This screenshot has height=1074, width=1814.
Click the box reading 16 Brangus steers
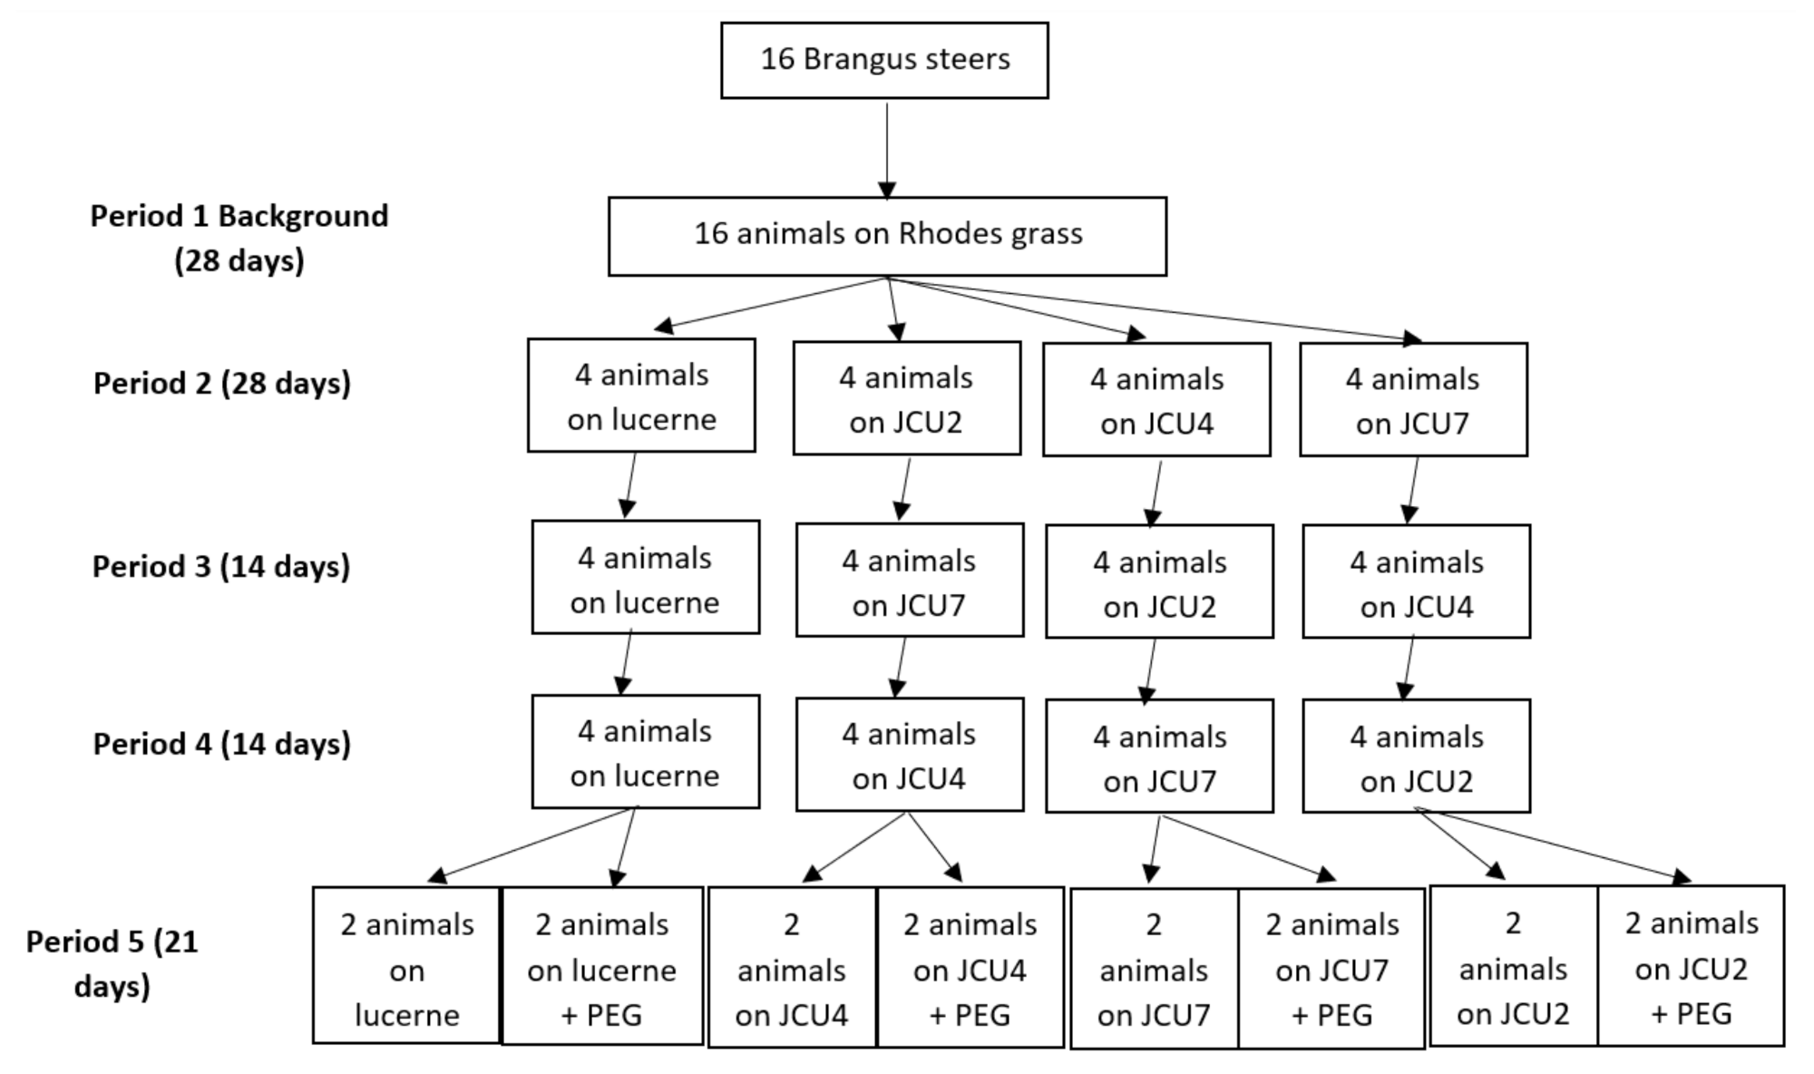(x=884, y=60)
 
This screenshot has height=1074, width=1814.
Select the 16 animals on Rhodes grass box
(x=887, y=236)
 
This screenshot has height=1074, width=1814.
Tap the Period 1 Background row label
(x=239, y=238)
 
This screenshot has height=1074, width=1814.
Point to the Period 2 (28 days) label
(x=221, y=383)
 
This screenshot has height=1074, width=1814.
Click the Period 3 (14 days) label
(x=220, y=566)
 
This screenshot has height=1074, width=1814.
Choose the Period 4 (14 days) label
(x=221, y=744)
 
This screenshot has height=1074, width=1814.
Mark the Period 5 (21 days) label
(x=112, y=963)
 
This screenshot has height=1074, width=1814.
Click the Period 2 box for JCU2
(x=906, y=398)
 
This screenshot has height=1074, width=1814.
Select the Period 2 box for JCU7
(x=1413, y=399)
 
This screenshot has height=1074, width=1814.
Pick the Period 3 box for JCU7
(x=910, y=581)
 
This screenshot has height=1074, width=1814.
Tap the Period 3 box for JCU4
(x=1416, y=581)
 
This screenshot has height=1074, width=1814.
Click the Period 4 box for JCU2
(x=1416, y=756)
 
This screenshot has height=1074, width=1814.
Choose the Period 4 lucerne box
(x=645, y=752)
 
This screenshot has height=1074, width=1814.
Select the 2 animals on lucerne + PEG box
(x=601, y=966)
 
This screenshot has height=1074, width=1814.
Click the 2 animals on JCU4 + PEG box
(x=970, y=967)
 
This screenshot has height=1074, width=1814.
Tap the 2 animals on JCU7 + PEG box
(x=1331, y=968)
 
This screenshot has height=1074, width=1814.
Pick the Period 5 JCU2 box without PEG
(x=1513, y=966)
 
